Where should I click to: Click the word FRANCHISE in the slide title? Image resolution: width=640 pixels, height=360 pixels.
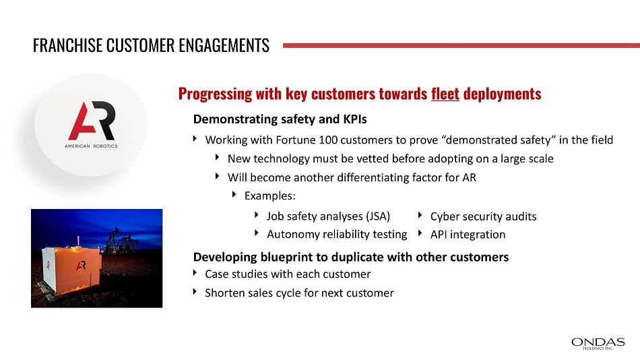(67, 45)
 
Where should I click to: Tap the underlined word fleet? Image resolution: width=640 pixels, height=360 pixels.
(445, 94)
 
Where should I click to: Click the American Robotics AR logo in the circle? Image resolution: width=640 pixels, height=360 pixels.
(92, 124)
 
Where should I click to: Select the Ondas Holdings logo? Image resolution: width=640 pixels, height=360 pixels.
(598, 343)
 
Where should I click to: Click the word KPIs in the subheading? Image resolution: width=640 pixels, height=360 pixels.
(355, 119)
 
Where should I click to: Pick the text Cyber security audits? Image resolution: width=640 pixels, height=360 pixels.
(483, 216)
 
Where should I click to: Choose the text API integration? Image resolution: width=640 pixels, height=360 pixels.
(468, 235)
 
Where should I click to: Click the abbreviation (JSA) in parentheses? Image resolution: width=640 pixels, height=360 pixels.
(378, 216)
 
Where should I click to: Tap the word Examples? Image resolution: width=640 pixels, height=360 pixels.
(269, 196)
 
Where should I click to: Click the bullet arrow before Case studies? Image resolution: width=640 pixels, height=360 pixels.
(195, 272)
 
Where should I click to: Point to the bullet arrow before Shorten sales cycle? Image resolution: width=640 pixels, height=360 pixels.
(195, 291)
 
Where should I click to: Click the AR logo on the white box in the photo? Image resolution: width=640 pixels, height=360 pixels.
(81, 266)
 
